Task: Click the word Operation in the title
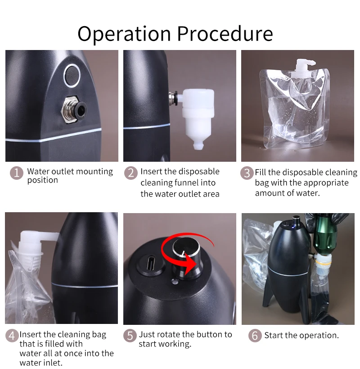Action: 124,34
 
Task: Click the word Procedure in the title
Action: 225,33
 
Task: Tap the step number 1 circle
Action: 17,173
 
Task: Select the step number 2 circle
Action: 130,173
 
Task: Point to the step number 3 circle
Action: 247,173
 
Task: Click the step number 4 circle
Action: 12,336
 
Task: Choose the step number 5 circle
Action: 130,336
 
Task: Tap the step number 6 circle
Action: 255,336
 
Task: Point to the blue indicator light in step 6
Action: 293,227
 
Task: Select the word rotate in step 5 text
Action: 168,335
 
